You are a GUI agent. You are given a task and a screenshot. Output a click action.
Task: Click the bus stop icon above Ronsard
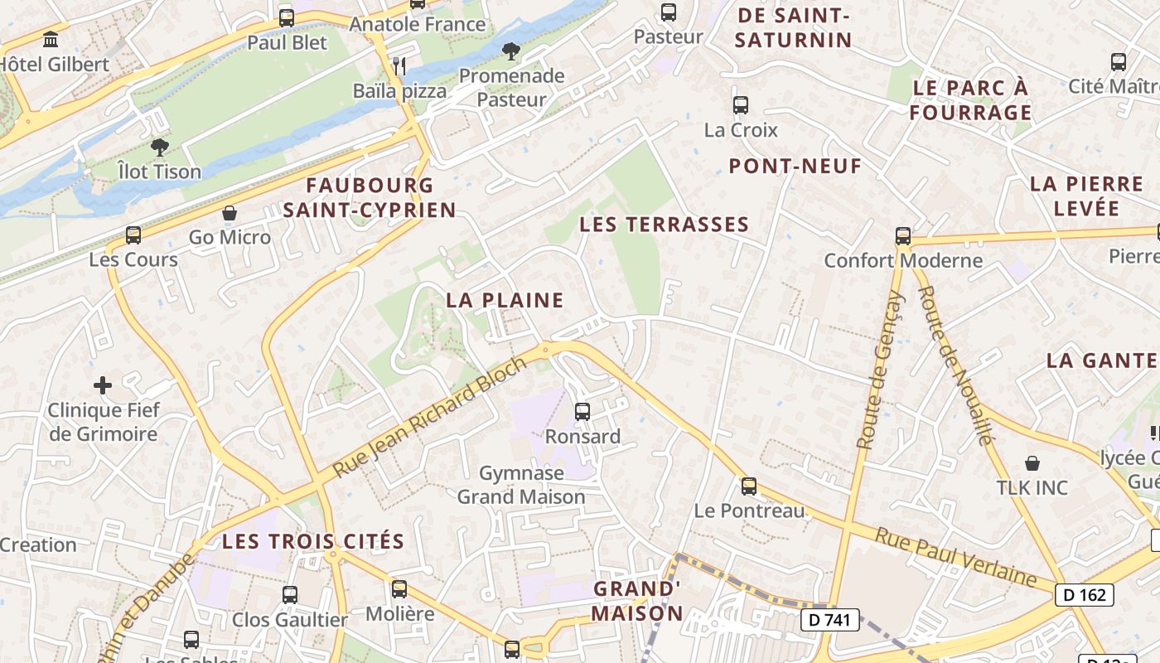click(582, 411)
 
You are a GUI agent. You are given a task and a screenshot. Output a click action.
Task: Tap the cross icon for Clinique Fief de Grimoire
click(103, 385)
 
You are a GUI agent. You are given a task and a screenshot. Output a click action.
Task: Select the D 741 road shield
click(829, 619)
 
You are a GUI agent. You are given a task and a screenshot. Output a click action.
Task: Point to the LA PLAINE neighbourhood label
click(505, 300)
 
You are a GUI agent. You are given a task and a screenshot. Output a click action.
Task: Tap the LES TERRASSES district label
click(664, 225)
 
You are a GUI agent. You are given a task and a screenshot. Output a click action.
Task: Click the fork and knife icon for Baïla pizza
click(399, 65)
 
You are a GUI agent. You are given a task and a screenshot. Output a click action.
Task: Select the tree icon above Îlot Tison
click(159, 148)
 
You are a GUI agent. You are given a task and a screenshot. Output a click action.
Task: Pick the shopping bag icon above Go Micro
click(230, 213)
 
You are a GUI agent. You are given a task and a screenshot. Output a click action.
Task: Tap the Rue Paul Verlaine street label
click(956, 557)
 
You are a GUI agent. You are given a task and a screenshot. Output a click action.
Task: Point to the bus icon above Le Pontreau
click(749, 486)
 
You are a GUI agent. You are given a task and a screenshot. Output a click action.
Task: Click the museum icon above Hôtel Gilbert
click(51, 39)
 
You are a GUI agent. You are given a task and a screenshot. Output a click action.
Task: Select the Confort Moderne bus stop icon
click(903, 236)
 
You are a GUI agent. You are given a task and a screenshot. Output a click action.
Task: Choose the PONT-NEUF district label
click(795, 167)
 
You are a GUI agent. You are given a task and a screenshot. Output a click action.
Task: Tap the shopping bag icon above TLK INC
click(1032, 463)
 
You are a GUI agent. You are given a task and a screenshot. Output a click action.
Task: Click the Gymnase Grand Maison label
click(521, 485)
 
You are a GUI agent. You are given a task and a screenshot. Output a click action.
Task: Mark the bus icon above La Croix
click(741, 105)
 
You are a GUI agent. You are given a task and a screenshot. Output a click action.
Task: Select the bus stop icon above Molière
click(399, 589)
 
